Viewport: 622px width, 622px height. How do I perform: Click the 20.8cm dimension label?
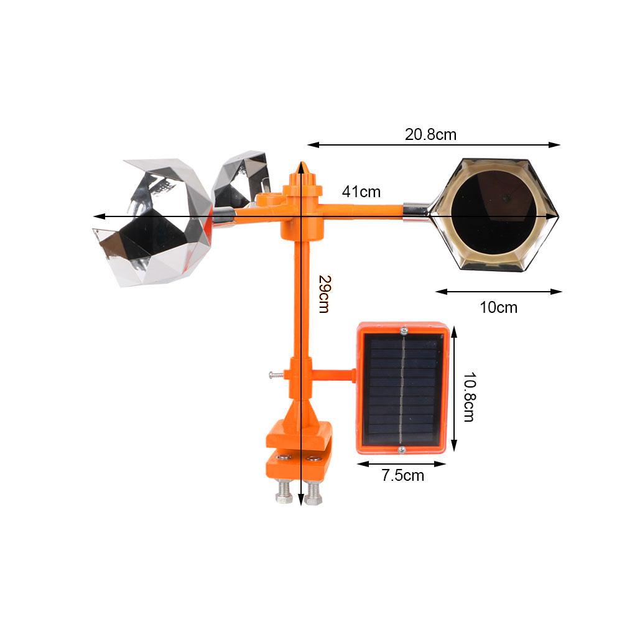[430, 134]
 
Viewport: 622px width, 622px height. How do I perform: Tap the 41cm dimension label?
[361, 192]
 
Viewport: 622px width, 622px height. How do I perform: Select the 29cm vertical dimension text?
[322, 294]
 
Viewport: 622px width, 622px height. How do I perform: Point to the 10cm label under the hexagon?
[498, 307]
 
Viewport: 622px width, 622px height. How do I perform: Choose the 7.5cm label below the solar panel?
[403, 476]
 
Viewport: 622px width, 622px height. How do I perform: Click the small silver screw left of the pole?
[274, 374]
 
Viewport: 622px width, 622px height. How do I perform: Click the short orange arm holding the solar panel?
[335, 375]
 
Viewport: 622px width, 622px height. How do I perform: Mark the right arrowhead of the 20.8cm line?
[556, 145]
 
